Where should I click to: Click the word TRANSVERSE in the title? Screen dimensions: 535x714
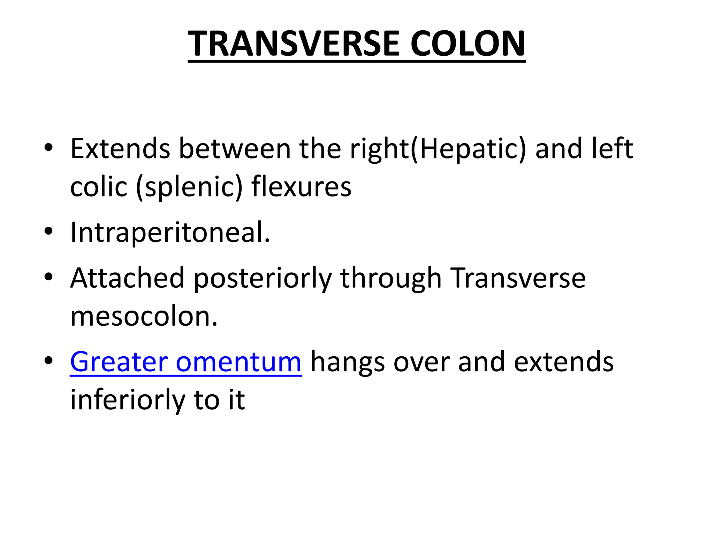(293, 44)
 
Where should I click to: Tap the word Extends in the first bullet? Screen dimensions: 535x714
(120, 149)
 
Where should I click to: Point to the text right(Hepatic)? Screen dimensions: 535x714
(438, 149)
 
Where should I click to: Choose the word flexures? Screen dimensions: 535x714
(301, 187)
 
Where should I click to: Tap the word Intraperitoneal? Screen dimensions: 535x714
(170, 233)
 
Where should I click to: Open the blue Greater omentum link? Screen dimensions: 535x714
(185, 362)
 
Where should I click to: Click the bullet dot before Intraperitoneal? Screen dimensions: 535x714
(48, 232)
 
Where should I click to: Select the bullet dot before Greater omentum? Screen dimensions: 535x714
(48, 360)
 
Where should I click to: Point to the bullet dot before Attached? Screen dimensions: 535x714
(48, 277)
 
